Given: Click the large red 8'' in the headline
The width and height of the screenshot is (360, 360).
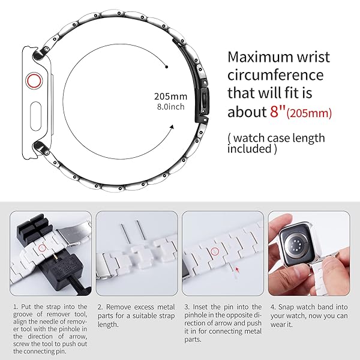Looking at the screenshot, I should [x=275, y=112].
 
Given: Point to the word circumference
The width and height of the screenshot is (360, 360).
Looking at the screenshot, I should [x=275, y=76].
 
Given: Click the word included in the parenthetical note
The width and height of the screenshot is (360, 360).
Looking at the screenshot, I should [x=248, y=149].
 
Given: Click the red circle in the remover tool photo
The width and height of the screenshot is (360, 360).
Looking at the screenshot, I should [x=42, y=247].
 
